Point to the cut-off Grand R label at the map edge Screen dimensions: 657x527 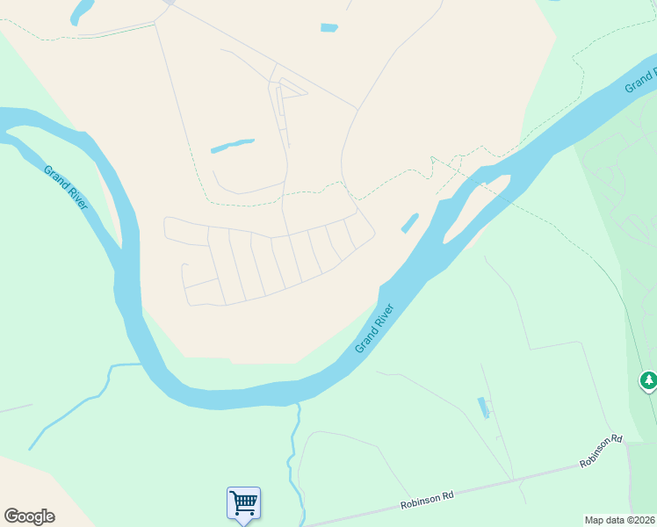click(x=640, y=78)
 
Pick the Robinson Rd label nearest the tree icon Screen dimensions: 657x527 click(x=601, y=451)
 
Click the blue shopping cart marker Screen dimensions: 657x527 click(x=243, y=503)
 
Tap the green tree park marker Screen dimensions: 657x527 click(x=648, y=380)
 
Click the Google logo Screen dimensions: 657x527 click(x=29, y=516)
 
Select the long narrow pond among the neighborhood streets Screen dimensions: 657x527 click(x=233, y=146)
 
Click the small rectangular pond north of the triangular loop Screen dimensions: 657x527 click(x=329, y=28)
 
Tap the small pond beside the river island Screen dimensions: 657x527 click(x=410, y=223)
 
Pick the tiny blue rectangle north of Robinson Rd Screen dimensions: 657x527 click(x=482, y=408)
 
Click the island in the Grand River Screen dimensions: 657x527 click(x=474, y=206)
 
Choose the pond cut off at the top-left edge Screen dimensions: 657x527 click(x=82, y=11)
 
